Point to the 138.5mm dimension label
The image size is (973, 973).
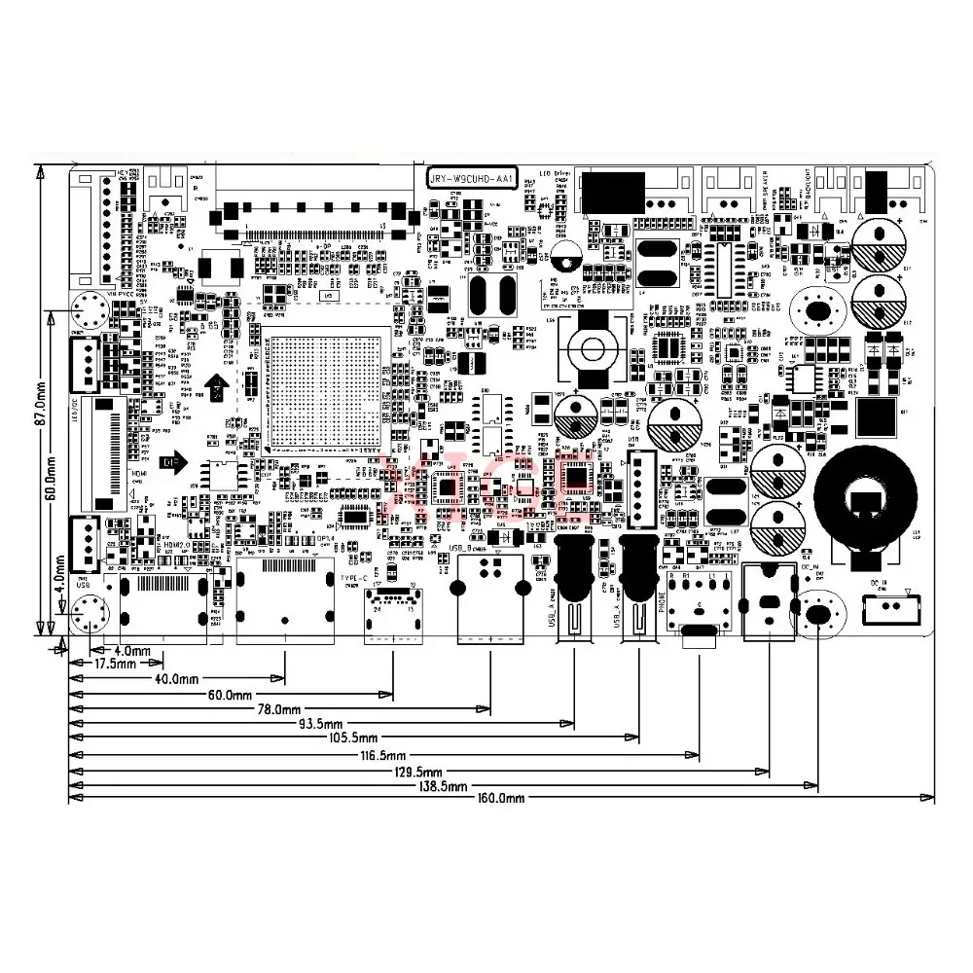[440, 786]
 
